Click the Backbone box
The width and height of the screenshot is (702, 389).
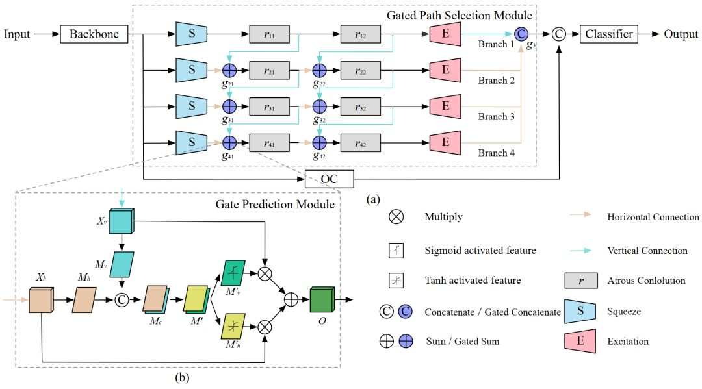[94, 34]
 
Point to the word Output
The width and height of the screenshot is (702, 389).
[681, 34]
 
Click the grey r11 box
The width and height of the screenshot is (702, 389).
[269, 34]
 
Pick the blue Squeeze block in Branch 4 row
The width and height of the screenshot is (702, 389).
[192, 142]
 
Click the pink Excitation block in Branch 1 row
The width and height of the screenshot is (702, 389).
[445, 34]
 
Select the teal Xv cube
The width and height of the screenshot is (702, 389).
[122, 221]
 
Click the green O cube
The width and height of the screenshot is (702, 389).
[322, 300]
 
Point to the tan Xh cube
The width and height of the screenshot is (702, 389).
[41, 300]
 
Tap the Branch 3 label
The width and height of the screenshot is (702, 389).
[496, 117]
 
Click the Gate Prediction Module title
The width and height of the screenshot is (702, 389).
[275, 205]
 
